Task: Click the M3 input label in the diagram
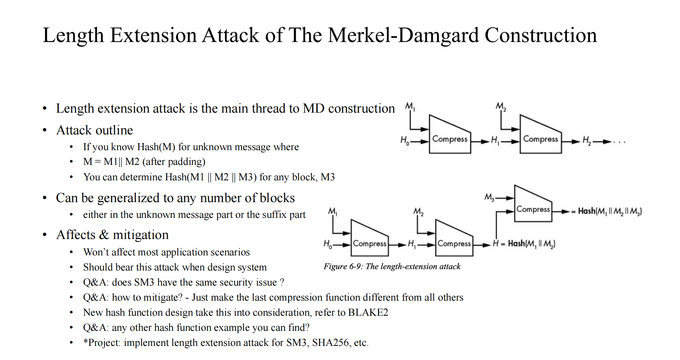(489, 197)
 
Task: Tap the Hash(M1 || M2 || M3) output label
(610, 211)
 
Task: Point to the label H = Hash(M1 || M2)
(524, 244)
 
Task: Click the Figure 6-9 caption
(392, 266)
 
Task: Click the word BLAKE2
(368, 312)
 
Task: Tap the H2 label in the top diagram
(586, 141)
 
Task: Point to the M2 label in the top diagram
(501, 107)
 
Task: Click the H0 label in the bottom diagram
(328, 244)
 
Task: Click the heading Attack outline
(95, 130)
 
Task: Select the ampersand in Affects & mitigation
(104, 235)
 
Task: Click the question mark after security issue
(282, 282)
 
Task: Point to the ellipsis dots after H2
(619, 142)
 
